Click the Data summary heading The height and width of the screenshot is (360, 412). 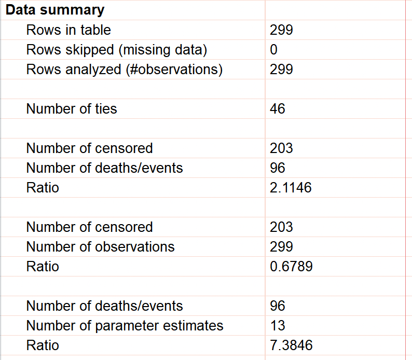click(55, 10)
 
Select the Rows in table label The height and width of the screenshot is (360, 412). click(68, 30)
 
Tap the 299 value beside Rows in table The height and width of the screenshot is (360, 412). click(281, 30)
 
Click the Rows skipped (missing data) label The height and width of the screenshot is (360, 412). click(117, 50)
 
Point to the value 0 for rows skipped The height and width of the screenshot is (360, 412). click(274, 50)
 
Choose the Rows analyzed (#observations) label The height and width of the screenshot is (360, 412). click(125, 70)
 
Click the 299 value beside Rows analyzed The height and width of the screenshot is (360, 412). click(281, 70)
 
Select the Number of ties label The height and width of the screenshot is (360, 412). click(72, 109)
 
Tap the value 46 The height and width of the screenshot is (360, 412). click(278, 109)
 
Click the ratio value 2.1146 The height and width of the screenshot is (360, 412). click(291, 188)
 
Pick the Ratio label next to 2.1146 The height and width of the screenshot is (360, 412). click(43, 188)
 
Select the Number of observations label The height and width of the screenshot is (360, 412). click(101, 247)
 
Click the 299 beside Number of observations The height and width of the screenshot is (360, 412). click(281, 247)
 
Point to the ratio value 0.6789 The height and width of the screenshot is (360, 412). click(291, 267)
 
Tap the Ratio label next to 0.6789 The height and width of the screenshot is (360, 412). click(43, 267)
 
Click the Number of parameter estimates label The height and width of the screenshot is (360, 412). click(125, 326)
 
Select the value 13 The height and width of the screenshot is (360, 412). click(278, 326)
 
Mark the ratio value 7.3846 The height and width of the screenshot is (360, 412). click(291, 345)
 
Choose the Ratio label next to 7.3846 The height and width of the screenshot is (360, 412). click(43, 345)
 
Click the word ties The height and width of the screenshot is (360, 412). click(105, 109)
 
